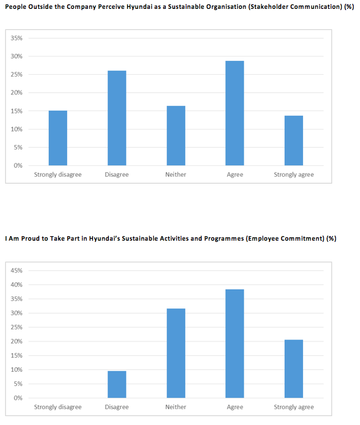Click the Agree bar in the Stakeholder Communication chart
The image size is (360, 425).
coord(235,113)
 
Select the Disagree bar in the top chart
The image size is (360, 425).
coord(117,118)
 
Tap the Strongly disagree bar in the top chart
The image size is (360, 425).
coord(58,138)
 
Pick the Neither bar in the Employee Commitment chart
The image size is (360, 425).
coord(176,353)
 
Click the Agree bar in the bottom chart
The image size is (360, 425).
coord(235,344)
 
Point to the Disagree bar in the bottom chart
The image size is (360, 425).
coord(117,384)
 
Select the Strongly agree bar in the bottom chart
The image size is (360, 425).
coord(294,369)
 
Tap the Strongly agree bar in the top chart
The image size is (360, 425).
coord(294,141)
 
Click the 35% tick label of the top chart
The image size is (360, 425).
coord(16,38)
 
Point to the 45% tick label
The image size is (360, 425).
coord(16,270)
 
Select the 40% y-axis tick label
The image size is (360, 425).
coord(16,284)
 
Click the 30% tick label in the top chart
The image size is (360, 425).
coord(16,56)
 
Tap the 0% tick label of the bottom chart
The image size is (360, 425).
coord(18,398)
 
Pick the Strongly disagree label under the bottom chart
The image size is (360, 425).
coord(58,407)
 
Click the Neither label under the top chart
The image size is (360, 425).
coord(176,175)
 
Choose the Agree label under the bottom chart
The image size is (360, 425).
coord(235,407)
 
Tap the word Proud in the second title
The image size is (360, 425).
coord(30,239)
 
